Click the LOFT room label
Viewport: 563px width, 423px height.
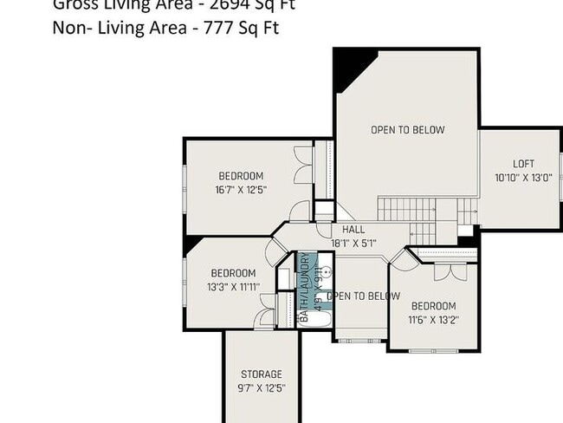pyautogui.click(x=523, y=164)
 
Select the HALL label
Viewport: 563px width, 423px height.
pyautogui.click(x=353, y=230)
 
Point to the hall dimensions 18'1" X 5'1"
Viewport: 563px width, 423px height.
pyautogui.click(x=353, y=244)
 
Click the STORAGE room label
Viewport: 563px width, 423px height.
pyautogui.click(x=261, y=374)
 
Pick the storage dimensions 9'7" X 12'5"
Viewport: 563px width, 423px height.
pyautogui.click(x=261, y=388)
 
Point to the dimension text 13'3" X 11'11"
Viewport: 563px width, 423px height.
pyautogui.click(x=232, y=286)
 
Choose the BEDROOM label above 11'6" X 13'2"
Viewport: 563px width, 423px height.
pyautogui.click(x=433, y=306)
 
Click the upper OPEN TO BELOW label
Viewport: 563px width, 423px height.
pyautogui.click(x=407, y=130)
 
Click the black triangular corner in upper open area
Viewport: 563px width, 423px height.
pyautogui.click(x=351, y=65)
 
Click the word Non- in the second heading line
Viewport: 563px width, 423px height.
pyautogui.click(x=70, y=27)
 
